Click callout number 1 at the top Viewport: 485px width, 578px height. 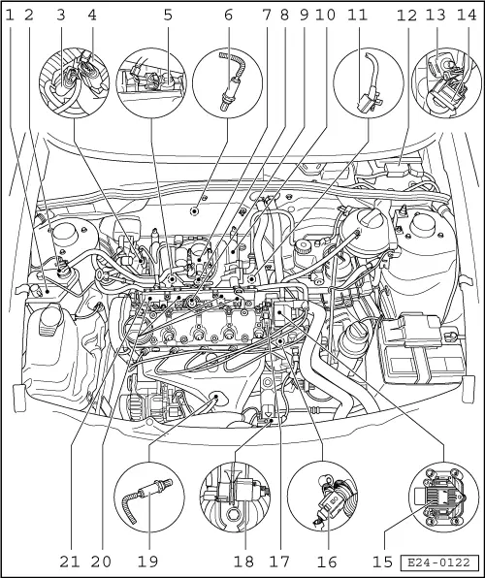10,16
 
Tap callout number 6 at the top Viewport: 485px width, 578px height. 228,16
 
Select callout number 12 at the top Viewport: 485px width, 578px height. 406,16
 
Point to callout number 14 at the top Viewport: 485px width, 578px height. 467,16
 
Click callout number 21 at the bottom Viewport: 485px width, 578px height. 70,562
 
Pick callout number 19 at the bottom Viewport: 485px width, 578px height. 147,562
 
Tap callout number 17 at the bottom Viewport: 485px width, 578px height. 279,562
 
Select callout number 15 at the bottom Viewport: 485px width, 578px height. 382,562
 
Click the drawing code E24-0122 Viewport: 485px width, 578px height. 438,562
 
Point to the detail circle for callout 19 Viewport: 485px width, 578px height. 149,497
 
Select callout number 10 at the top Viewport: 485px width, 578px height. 325,16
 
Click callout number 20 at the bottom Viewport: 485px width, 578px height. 101,562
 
